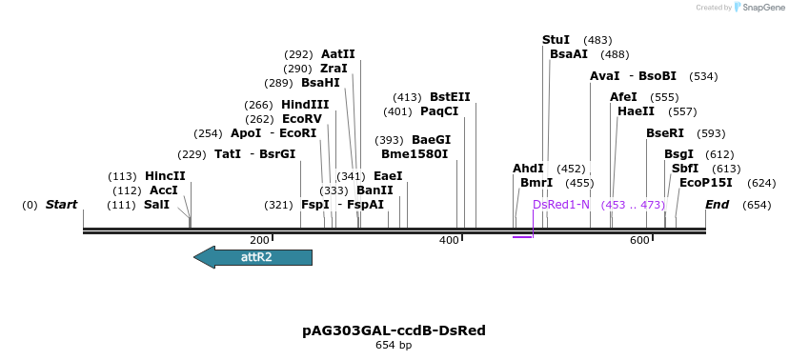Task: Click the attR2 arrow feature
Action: point(253,257)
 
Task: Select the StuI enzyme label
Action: point(556,40)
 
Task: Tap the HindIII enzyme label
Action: point(305,105)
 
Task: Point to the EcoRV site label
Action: point(302,119)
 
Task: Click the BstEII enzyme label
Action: point(450,97)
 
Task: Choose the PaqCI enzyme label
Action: point(439,111)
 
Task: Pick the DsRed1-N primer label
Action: point(561,205)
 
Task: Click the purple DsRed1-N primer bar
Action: point(522,236)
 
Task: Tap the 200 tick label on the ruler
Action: point(259,240)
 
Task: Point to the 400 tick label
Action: point(449,240)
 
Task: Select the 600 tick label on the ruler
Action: point(638,240)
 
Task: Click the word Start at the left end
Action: point(61,205)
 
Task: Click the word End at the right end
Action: point(717,205)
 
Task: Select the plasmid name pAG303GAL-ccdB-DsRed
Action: point(394,330)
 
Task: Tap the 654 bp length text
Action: point(394,345)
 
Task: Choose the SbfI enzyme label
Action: point(685,169)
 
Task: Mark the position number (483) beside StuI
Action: point(597,40)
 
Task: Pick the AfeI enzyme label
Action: point(623,97)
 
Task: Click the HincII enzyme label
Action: point(165,176)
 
